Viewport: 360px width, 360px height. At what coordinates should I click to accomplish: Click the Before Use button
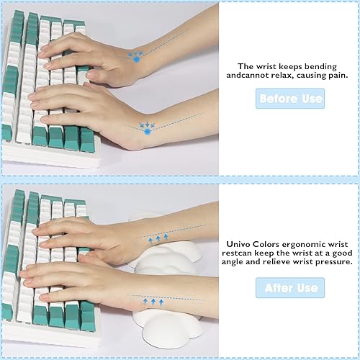[290, 99]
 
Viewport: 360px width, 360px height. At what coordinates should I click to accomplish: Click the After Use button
[290, 288]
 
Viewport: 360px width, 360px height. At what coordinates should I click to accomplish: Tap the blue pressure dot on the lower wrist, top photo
[147, 130]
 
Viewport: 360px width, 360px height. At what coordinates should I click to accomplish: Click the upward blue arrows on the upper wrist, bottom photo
[157, 238]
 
